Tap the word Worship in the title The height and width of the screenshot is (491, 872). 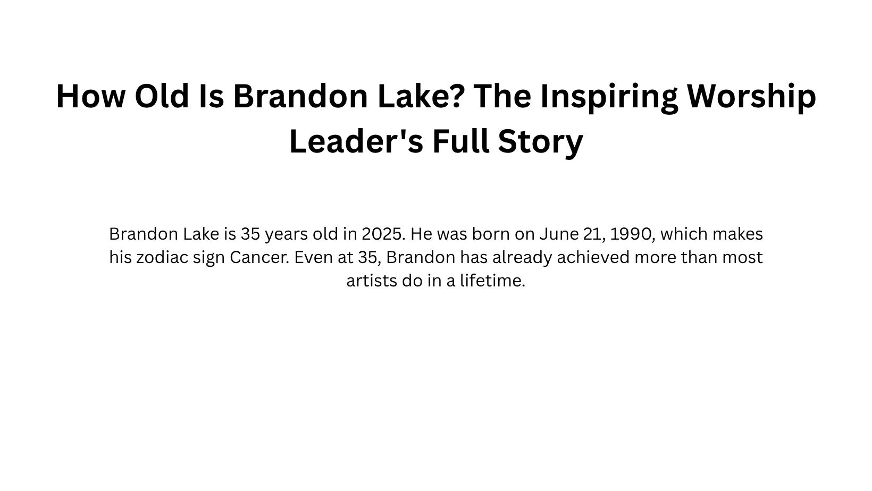click(x=751, y=96)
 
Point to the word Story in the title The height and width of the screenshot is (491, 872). click(x=540, y=141)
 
